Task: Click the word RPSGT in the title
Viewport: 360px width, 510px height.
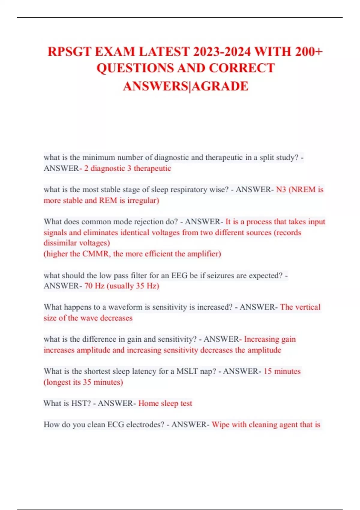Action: click(x=70, y=52)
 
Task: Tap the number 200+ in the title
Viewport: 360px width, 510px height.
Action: click(x=309, y=52)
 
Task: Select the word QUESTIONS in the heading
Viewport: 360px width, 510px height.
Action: click(x=135, y=68)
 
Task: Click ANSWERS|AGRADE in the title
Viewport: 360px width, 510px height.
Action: click(x=186, y=86)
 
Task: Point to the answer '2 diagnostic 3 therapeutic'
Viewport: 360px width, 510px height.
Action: click(x=127, y=168)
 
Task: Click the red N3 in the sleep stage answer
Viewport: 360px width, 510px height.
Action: click(x=281, y=190)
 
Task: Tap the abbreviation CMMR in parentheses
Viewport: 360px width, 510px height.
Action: click(x=96, y=254)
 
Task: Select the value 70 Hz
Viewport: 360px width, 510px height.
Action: click(x=94, y=286)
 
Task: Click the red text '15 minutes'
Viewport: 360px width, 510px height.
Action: click(x=282, y=371)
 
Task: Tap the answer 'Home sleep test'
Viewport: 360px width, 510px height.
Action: click(x=165, y=403)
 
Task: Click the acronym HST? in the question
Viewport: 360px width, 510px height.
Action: click(x=81, y=403)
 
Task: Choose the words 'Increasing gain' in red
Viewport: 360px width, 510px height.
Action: click(x=270, y=339)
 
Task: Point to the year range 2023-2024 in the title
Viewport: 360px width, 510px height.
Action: click(x=222, y=52)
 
